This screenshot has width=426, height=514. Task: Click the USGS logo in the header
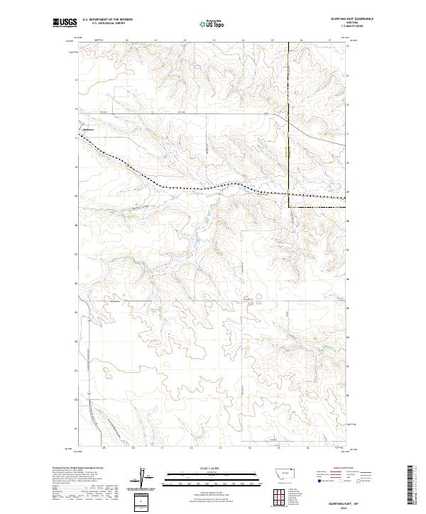(65, 23)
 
